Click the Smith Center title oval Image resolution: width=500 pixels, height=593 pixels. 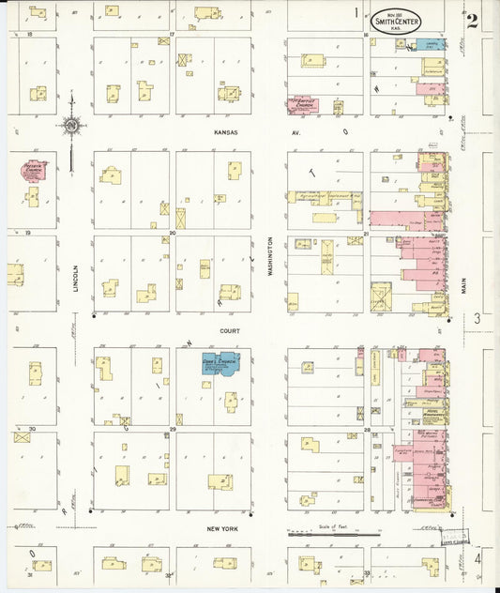(x=397, y=18)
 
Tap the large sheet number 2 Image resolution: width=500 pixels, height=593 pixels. (x=472, y=21)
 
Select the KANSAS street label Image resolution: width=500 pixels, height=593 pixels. (x=226, y=132)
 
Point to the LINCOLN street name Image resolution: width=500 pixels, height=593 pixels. (x=75, y=272)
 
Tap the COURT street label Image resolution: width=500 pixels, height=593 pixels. (x=230, y=331)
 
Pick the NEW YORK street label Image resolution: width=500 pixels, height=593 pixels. (x=225, y=528)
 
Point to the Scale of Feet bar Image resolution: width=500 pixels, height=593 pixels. (x=333, y=534)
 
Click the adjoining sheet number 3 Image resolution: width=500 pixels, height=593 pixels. (x=477, y=319)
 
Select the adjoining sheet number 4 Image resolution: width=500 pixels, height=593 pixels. (x=477, y=559)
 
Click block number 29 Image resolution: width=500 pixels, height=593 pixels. (x=173, y=429)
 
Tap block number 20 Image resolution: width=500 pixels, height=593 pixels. (x=173, y=232)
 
